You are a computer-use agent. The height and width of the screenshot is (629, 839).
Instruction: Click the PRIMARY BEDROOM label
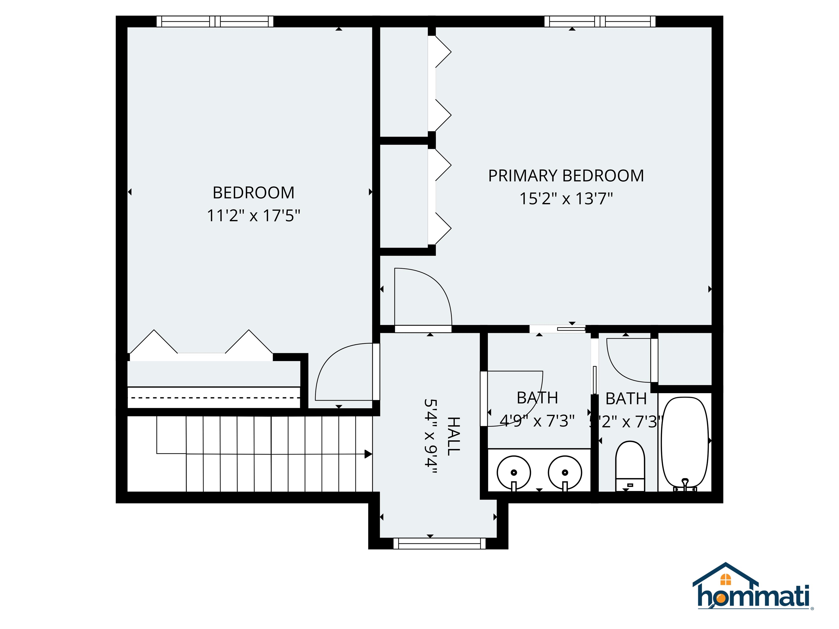coord(566,176)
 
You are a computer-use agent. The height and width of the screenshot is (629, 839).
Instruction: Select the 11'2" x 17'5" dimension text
coord(253,216)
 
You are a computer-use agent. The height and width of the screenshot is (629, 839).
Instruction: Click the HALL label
coord(454,436)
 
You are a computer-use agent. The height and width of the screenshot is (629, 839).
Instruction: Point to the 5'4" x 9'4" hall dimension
coord(430,436)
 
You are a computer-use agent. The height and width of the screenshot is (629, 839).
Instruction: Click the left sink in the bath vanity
coord(513,472)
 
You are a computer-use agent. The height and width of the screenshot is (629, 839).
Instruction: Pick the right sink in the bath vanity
coord(565,472)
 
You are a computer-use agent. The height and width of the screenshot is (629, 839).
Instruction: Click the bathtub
coord(685,442)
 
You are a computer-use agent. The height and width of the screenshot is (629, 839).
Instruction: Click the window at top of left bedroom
coord(215,21)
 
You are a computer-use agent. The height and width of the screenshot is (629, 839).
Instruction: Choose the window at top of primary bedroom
coord(600,21)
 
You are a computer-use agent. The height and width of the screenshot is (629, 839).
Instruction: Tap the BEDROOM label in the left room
coord(253,193)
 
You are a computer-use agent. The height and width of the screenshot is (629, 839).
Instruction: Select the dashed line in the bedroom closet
coord(214,398)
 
